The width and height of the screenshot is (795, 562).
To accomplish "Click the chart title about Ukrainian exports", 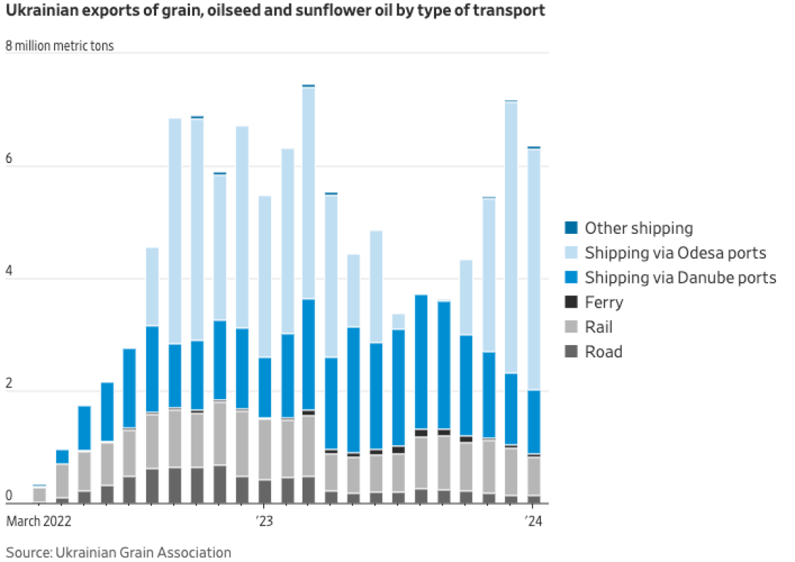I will tap(275, 12).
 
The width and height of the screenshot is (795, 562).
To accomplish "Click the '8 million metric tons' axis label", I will tap(60, 46).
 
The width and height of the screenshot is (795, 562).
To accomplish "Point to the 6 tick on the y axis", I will tap(9, 166).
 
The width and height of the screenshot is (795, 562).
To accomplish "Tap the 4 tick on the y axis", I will tap(9, 278).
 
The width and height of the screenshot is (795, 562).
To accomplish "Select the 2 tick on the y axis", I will tap(9, 391).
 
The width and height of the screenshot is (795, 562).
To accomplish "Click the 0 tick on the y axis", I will tap(9, 497).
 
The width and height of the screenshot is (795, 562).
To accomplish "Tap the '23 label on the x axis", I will tap(264, 522).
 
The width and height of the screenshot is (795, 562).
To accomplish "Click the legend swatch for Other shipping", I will tap(571, 228).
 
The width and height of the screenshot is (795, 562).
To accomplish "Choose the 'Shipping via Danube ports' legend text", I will tap(680, 278).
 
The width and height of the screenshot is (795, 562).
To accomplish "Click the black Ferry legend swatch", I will tap(571, 303).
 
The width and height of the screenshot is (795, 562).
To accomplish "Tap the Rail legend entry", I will tap(598, 327).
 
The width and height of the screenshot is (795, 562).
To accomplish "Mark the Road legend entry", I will tap(604, 352).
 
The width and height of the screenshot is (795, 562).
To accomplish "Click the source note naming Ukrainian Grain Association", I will tap(119, 552).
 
